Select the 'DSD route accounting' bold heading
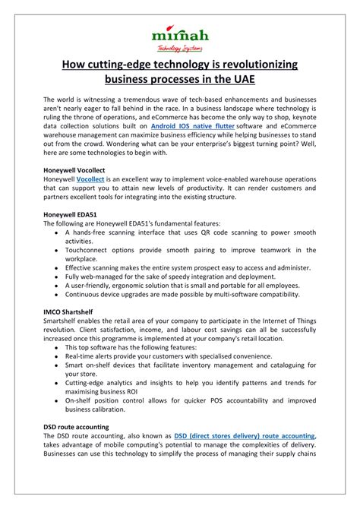tap(76, 427)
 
